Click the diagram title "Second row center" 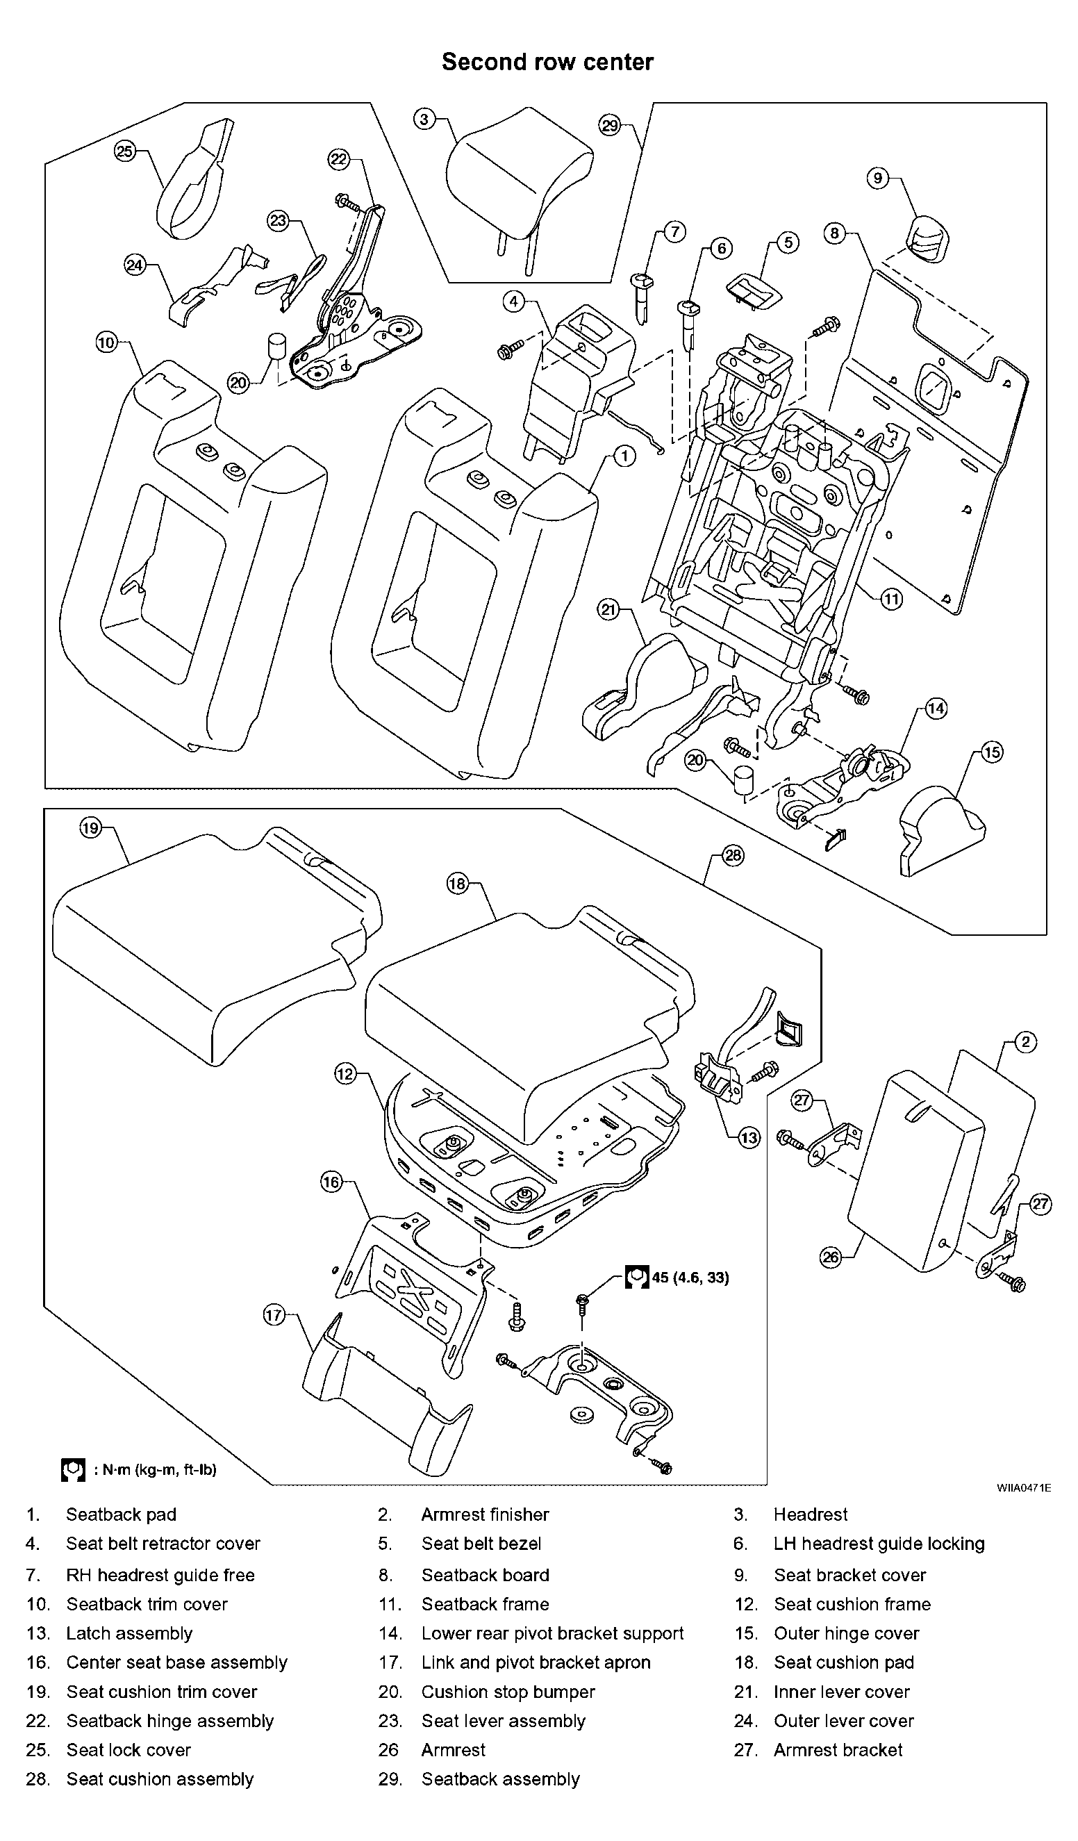[x=547, y=62]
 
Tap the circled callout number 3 [x=424, y=118]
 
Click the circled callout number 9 [x=878, y=178]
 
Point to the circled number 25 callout [x=125, y=151]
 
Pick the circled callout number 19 [x=90, y=828]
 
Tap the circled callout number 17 [x=273, y=1316]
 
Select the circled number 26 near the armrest [x=831, y=1257]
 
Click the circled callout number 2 [x=1025, y=1042]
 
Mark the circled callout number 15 [x=992, y=752]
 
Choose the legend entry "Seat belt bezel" [x=481, y=1544]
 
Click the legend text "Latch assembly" [x=129, y=1633]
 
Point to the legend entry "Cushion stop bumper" [x=508, y=1691]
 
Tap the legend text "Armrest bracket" [x=838, y=1750]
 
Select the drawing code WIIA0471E [x=1024, y=1487]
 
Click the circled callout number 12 [x=345, y=1073]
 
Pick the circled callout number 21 [x=608, y=609]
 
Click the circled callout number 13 [x=749, y=1137]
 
